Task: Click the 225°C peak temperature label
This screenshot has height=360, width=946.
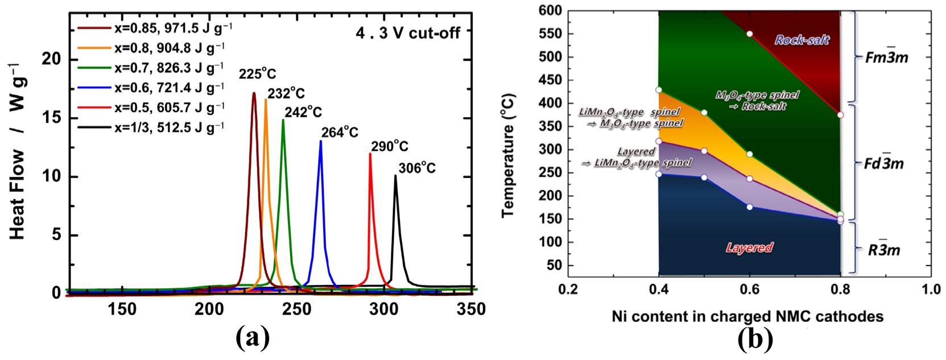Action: [x=257, y=75]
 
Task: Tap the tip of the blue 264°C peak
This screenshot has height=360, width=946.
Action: [x=321, y=141]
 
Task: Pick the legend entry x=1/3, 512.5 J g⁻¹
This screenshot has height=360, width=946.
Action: [x=169, y=127]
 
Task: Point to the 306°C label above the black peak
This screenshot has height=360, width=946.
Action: [x=416, y=168]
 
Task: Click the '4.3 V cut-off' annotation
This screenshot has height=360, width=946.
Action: [x=407, y=34]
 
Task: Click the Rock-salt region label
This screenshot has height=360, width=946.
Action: [x=802, y=40]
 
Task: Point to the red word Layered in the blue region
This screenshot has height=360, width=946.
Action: [x=749, y=247]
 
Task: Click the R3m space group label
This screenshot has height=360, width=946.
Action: [x=883, y=249]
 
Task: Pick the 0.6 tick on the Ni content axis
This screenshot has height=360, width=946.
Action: [x=749, y=289]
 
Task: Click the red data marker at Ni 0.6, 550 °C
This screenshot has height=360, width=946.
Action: [x=750, y=34]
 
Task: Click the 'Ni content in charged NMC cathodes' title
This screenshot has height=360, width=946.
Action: [x=747, y=316]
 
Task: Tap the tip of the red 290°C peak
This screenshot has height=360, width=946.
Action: [x=370, y=154]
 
